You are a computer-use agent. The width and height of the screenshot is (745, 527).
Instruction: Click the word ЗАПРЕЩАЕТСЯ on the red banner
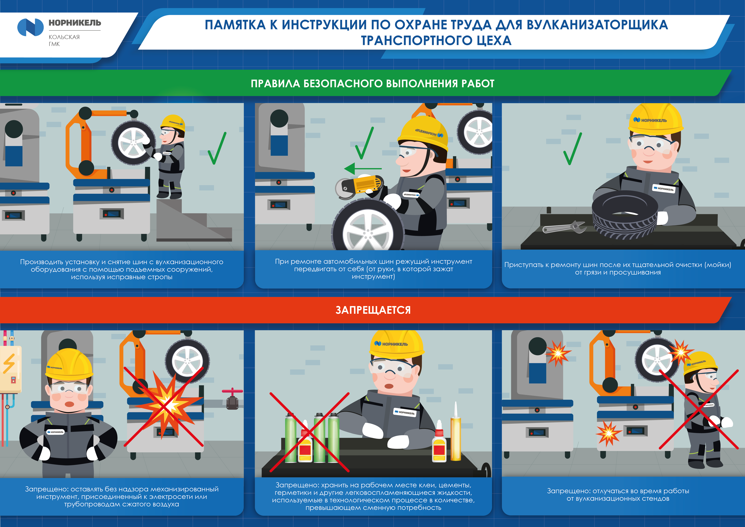pos(373,310)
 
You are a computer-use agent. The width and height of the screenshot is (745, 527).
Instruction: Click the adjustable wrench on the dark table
pos(564,227)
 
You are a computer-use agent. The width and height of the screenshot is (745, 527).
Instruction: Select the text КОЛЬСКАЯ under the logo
pos(64,37)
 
